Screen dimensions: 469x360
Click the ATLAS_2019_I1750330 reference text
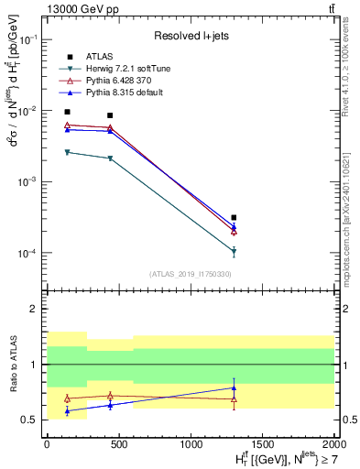click(x=191, y=274)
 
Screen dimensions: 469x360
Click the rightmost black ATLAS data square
click(x=235, y=218)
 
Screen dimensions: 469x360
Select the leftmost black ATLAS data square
click(x=67, y=112)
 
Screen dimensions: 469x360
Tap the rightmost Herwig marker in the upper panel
click(x=235, y=251)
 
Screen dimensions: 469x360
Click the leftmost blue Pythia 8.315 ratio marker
click(x=67, y=411)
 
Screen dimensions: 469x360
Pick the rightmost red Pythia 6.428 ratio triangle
click(x=235, y=398)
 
